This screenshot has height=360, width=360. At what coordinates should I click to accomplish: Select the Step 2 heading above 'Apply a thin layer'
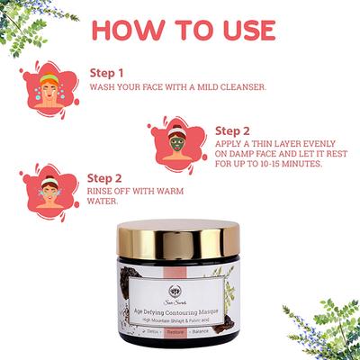[x=233, y=130]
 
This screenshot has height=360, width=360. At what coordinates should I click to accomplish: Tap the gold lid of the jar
[x=180, y=238]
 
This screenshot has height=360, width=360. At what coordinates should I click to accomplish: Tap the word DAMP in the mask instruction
[x=242, y=153]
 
